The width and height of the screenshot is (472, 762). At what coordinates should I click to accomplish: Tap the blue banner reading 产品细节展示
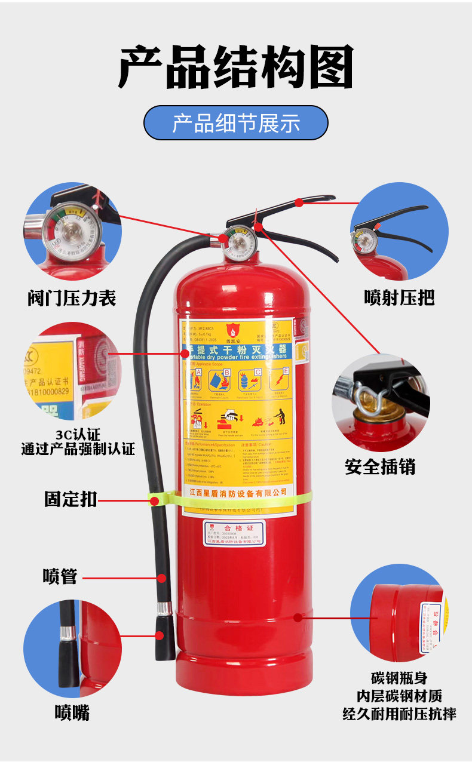coord(235,123)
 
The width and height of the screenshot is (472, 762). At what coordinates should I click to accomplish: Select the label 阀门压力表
coord(72,297)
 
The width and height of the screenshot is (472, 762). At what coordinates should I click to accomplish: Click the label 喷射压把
coord(399,297)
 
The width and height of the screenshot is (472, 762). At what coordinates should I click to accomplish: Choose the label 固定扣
coord(70,499)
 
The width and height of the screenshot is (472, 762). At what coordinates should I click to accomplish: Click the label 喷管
coord(60,576)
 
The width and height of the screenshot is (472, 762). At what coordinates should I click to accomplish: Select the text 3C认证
coord(78,434)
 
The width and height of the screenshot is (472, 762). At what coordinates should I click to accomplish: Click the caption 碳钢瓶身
coord(399,679)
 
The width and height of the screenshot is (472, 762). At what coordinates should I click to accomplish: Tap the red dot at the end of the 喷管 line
coord(162,577)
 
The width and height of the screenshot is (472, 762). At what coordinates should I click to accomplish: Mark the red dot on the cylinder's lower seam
coord(297,616)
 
